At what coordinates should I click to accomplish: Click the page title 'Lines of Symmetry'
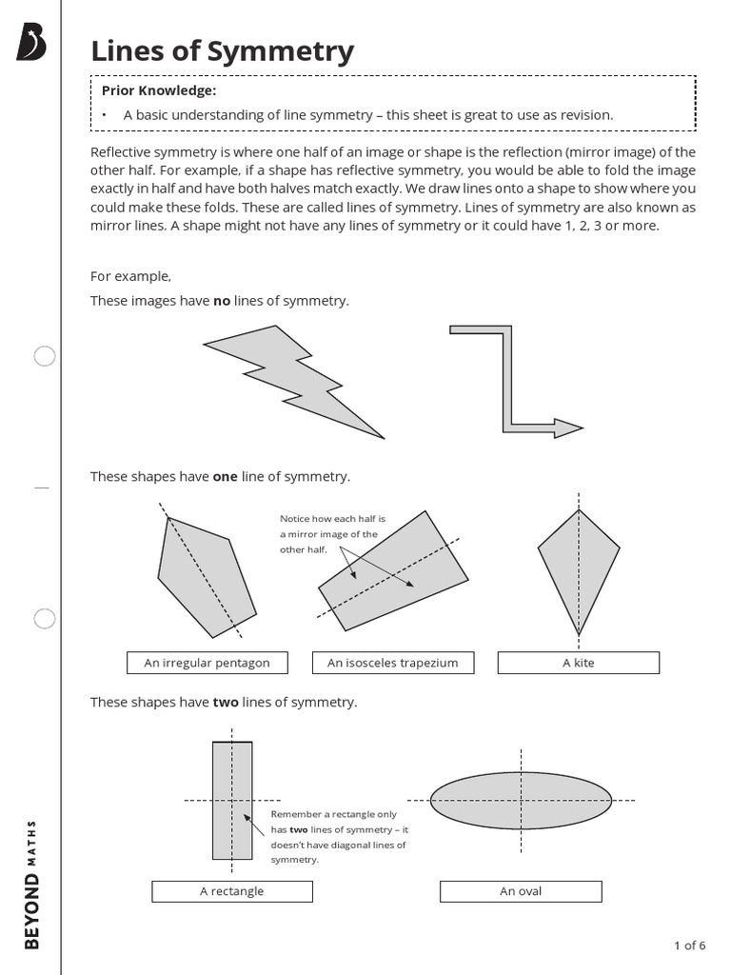(222, 51)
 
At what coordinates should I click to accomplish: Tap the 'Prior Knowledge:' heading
(159, 90)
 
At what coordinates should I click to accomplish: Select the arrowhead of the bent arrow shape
(568, 428)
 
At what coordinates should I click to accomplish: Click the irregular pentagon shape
(205, 575)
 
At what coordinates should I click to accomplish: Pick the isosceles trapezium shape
(394, 571)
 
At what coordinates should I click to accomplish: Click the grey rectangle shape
(232, 800)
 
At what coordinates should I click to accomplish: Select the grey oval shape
(520, 799)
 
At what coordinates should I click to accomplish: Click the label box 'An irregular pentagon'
(207, 663)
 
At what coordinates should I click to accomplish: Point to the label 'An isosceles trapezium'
(392, 663)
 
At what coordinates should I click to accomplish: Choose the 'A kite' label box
(578, 663)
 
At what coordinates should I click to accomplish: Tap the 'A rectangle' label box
(231, 891)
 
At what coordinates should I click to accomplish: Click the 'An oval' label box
(520, 891)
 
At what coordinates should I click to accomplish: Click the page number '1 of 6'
(689, 945)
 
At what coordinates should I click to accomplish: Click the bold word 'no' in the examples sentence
(221, 301)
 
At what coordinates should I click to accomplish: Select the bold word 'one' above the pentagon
(225, 476)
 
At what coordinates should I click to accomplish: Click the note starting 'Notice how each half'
(328, 534)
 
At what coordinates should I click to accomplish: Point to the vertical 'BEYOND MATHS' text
(31, 882)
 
